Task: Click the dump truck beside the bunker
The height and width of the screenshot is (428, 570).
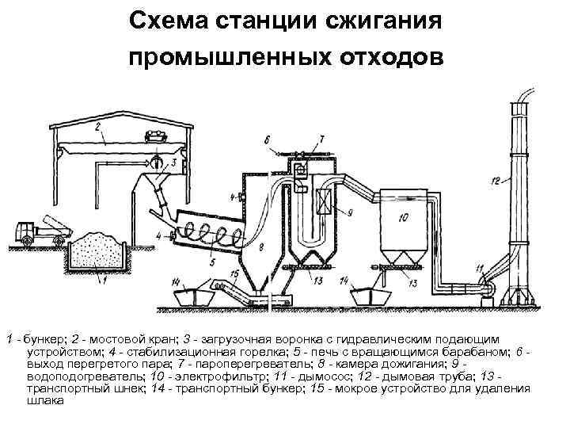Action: (x=40, y=231)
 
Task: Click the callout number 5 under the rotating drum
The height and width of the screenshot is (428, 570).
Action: (x=211, y=262)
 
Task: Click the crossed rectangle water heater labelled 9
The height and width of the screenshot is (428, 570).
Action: (x=323, y=199)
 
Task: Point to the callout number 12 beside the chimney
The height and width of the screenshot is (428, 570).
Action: (x=494, y=182)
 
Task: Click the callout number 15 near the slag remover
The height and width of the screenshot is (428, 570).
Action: (x=234, y=273)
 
